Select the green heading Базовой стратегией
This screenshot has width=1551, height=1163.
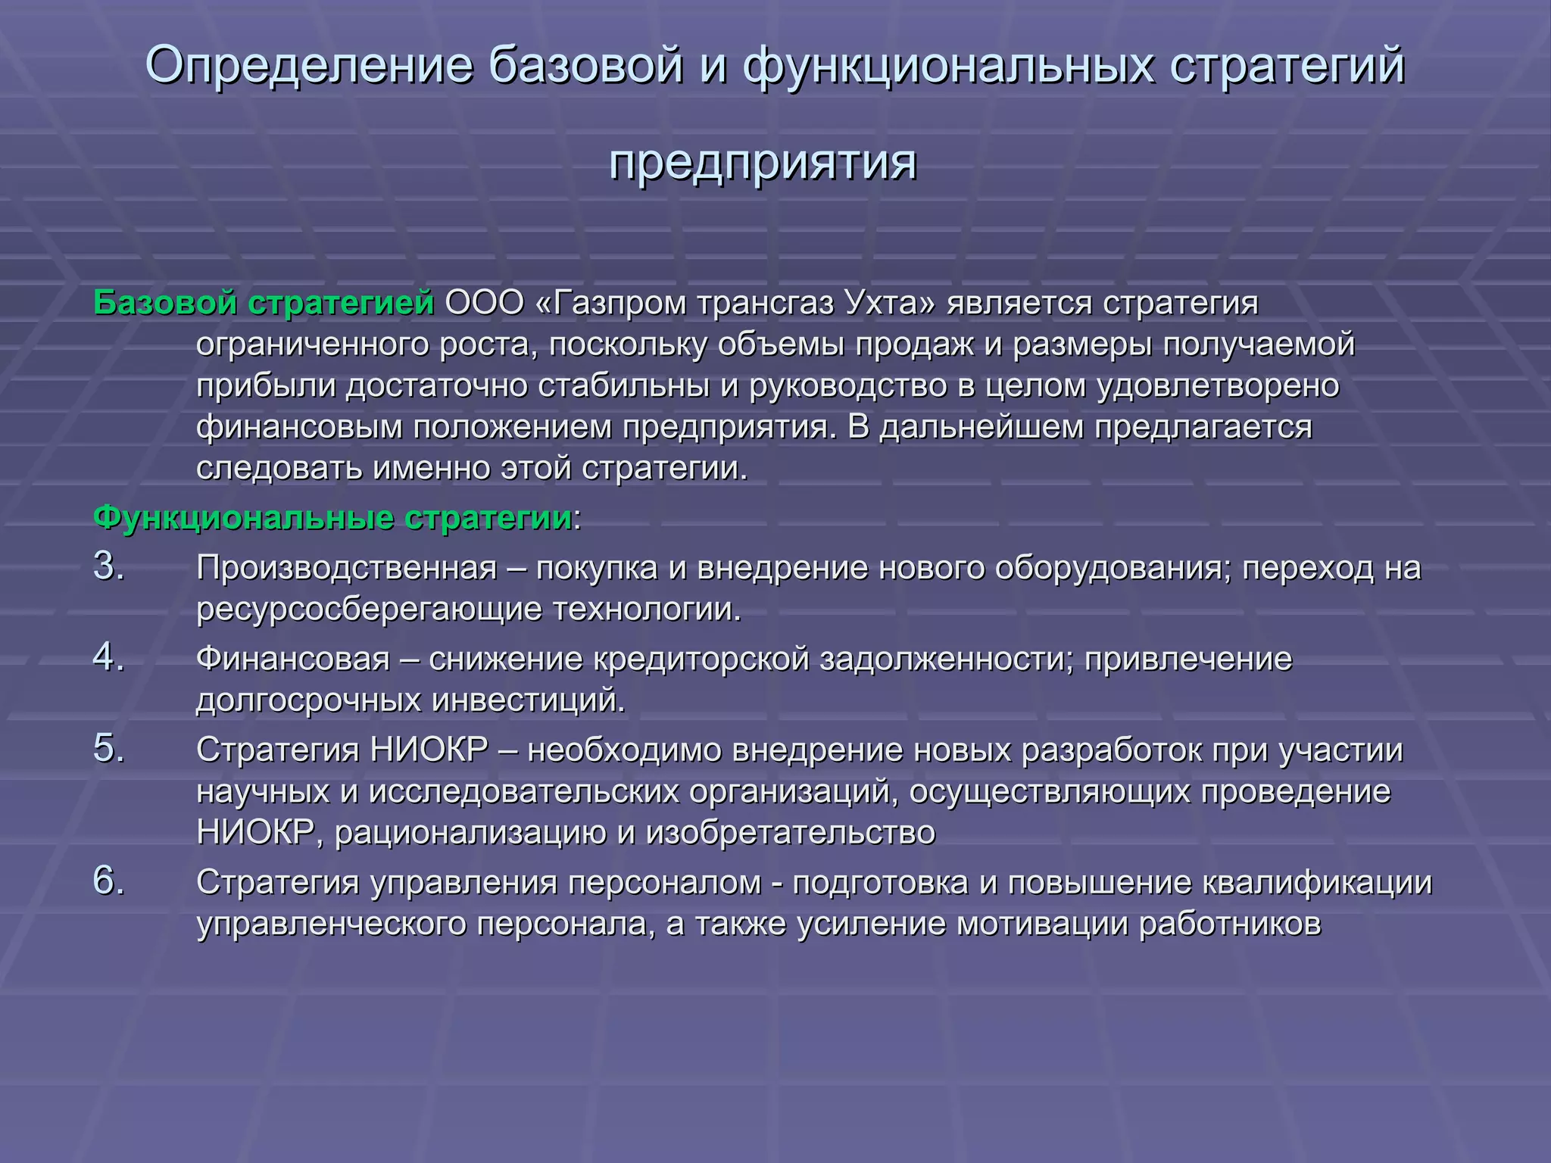(x=264, y=303)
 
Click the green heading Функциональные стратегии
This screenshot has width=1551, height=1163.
(x=333, y=518)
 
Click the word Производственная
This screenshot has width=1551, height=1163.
(x=347, y=568)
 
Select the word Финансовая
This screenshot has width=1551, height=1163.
(x=293, y=659)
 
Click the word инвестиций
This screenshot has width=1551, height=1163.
(x=528, y=700)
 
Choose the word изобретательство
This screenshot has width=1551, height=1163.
(x=791, y=833)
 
